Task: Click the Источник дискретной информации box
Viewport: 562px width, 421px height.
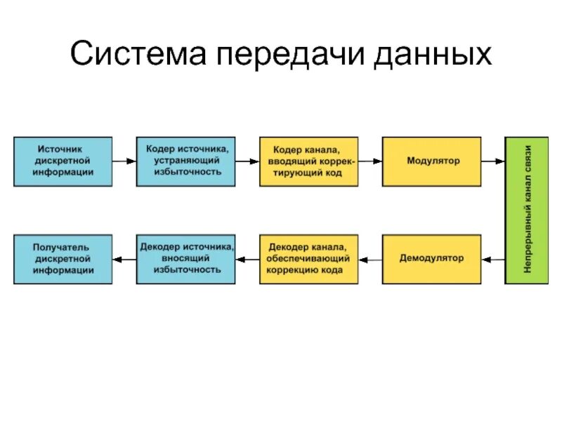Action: [x=63, y=161]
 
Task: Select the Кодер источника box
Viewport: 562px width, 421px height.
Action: [x=186, y=161]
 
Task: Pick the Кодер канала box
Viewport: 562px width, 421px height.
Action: [x=309, y=161]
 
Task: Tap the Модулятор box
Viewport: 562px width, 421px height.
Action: [x=432, y=161]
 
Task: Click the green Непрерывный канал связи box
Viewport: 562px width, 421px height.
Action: [x=528, y=210]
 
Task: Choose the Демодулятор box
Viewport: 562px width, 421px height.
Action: [x=432, y=259]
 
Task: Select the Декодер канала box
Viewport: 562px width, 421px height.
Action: [x=309, y=259]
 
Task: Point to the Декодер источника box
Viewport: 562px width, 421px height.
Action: [x=186, y=259]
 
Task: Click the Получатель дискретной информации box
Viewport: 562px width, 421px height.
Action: [x=63, y=259]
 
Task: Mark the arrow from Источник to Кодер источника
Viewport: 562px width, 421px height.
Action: [x=124, y=161]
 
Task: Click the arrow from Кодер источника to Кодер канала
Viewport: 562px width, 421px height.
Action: [x=247, y=161]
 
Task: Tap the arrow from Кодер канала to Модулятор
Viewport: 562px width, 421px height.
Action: [x=370, y=161]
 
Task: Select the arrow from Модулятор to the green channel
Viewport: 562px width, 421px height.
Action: [x=493, y=161]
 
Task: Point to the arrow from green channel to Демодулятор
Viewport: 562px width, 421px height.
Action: [x=493, y=260]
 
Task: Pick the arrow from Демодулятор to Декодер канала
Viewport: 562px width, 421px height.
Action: [x=370, y=260]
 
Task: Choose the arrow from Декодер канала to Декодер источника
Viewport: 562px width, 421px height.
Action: [x=247, y=260]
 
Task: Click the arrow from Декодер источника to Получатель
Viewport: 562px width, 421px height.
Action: [x=124, y=260]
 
